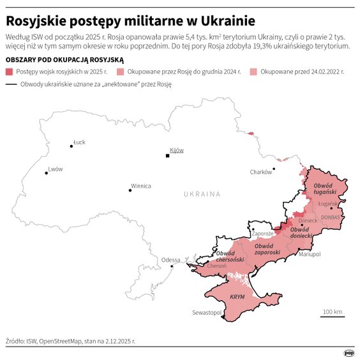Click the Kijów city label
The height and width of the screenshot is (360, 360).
click(177, 150)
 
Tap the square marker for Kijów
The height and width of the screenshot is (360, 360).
click(167, 155)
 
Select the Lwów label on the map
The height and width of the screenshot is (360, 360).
click(56, 169)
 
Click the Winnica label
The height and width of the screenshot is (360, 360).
click(140, 186)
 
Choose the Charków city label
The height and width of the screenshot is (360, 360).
click(260, 172)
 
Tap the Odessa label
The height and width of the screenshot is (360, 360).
click(170, 260)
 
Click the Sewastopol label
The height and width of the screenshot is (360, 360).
click(207, 313)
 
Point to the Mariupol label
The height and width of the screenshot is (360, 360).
click(310, 254)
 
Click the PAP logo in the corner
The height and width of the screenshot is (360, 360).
click(349, 352)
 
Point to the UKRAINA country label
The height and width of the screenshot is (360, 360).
click(202, 193)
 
